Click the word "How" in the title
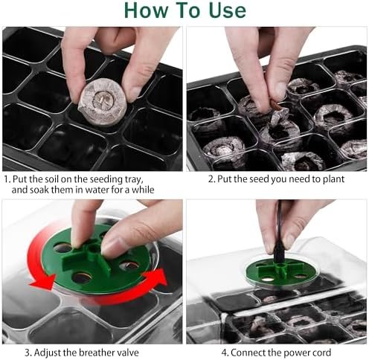click(146, 10)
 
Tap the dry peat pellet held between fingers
click(103, 102)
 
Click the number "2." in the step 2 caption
click(212, 179)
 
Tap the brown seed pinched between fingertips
click(276, 105)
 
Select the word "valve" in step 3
click(129, 353)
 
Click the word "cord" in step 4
click(321, 353)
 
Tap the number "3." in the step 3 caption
click(28, 353)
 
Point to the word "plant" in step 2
click(333, 179)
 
